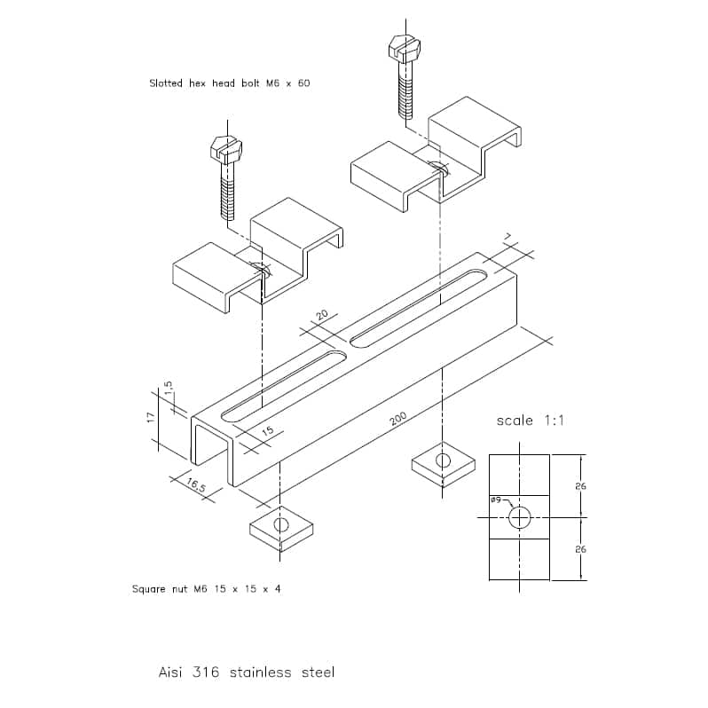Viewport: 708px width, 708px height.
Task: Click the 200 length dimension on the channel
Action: click(398, 419)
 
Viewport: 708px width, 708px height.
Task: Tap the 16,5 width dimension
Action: click(196, 485)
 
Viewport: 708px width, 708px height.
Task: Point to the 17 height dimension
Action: click(151, 418)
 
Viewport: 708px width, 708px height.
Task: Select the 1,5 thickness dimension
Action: click(168, 389)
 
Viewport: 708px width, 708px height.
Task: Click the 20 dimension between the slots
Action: click(322, 314)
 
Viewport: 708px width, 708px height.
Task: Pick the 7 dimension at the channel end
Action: click(508, 237)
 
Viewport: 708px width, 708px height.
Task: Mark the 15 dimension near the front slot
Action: click(268, 430)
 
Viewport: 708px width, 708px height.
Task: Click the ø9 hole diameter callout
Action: click(496, 500)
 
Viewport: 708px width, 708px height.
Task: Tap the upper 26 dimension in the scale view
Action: click(580, 486)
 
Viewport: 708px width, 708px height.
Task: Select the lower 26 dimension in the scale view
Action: click(580, 549)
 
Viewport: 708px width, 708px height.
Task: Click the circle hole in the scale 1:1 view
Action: click(519, 507)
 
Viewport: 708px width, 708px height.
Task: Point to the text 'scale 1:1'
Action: click(530, 421)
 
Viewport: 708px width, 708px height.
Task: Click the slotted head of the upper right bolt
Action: click(405, 47)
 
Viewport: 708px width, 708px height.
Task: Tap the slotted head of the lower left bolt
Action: click(226, 148)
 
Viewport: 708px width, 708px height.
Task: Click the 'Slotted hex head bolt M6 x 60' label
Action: click(230, 83)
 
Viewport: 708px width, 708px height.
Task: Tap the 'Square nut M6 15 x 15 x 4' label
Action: click(207, 589)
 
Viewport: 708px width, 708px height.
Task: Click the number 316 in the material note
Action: click(206, 672)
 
